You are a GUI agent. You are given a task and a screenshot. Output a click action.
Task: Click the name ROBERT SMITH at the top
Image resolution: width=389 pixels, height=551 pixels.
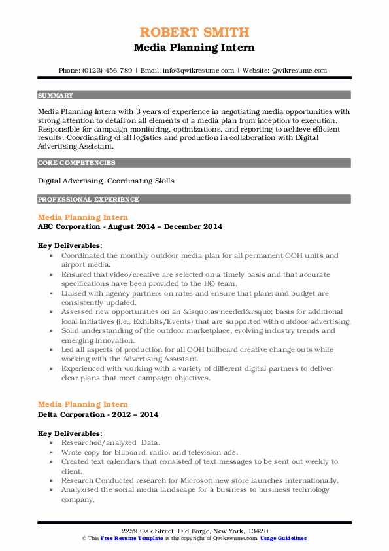coord(194,33)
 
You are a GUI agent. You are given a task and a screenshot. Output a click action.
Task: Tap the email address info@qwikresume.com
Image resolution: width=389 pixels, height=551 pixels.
coord(197,70)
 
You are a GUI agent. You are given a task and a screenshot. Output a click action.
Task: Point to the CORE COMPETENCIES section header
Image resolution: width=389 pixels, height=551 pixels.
coord(76,163)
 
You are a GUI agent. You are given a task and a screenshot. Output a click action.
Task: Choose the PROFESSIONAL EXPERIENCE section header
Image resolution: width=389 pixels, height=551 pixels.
coord(88,199)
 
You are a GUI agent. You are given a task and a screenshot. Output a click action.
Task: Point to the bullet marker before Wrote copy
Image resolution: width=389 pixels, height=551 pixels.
coord(52,452)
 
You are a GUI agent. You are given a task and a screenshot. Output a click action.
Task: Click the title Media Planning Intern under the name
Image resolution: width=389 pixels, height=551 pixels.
coord(194,48)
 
